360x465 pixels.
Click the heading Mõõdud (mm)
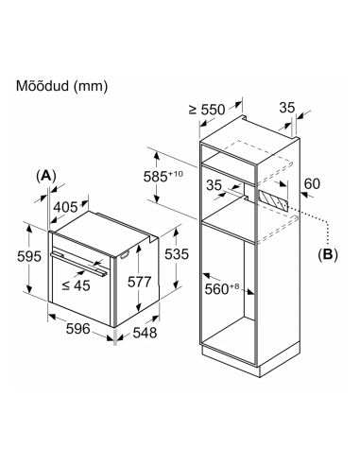click(x=61, y=86)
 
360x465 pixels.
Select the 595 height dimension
click(x=29, y=256)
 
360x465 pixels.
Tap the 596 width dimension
click(x=78, y=329)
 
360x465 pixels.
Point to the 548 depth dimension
click(x=145, y=333)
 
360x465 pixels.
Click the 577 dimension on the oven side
click(x=140, y=282)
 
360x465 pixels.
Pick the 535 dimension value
click(x=177, y=254)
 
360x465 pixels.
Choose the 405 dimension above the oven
click(x=65, y=207)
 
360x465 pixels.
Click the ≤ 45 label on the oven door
click(x=77, y=285)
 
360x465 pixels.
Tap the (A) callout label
click(x=46, y=176)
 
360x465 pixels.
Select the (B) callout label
click(x=328, y=254)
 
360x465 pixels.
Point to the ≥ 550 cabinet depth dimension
click(x=207, y=110)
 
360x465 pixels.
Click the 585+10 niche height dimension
click(x=163, y=176)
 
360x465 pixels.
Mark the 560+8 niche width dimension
click(x=222, y=288)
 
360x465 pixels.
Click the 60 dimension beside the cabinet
click(x=312, y=183)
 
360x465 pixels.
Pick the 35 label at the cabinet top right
click(x=287, y=108)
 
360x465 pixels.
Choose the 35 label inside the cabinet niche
click(x=214, y=185)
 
